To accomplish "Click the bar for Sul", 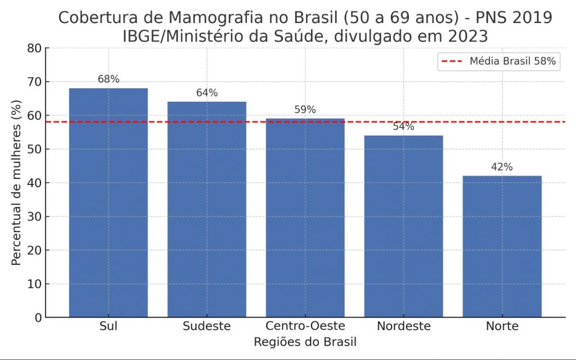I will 109,202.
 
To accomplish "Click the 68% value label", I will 109,79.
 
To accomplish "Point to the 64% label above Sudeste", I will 207,93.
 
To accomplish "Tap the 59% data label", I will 305,110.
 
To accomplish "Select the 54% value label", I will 404,127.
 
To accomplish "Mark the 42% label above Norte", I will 502,167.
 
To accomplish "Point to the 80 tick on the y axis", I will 35,48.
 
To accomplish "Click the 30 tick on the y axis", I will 35,217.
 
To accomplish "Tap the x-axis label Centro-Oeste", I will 305,326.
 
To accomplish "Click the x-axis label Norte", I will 502,326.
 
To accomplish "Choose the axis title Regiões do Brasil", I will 305,342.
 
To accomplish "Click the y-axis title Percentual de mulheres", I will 17,183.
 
